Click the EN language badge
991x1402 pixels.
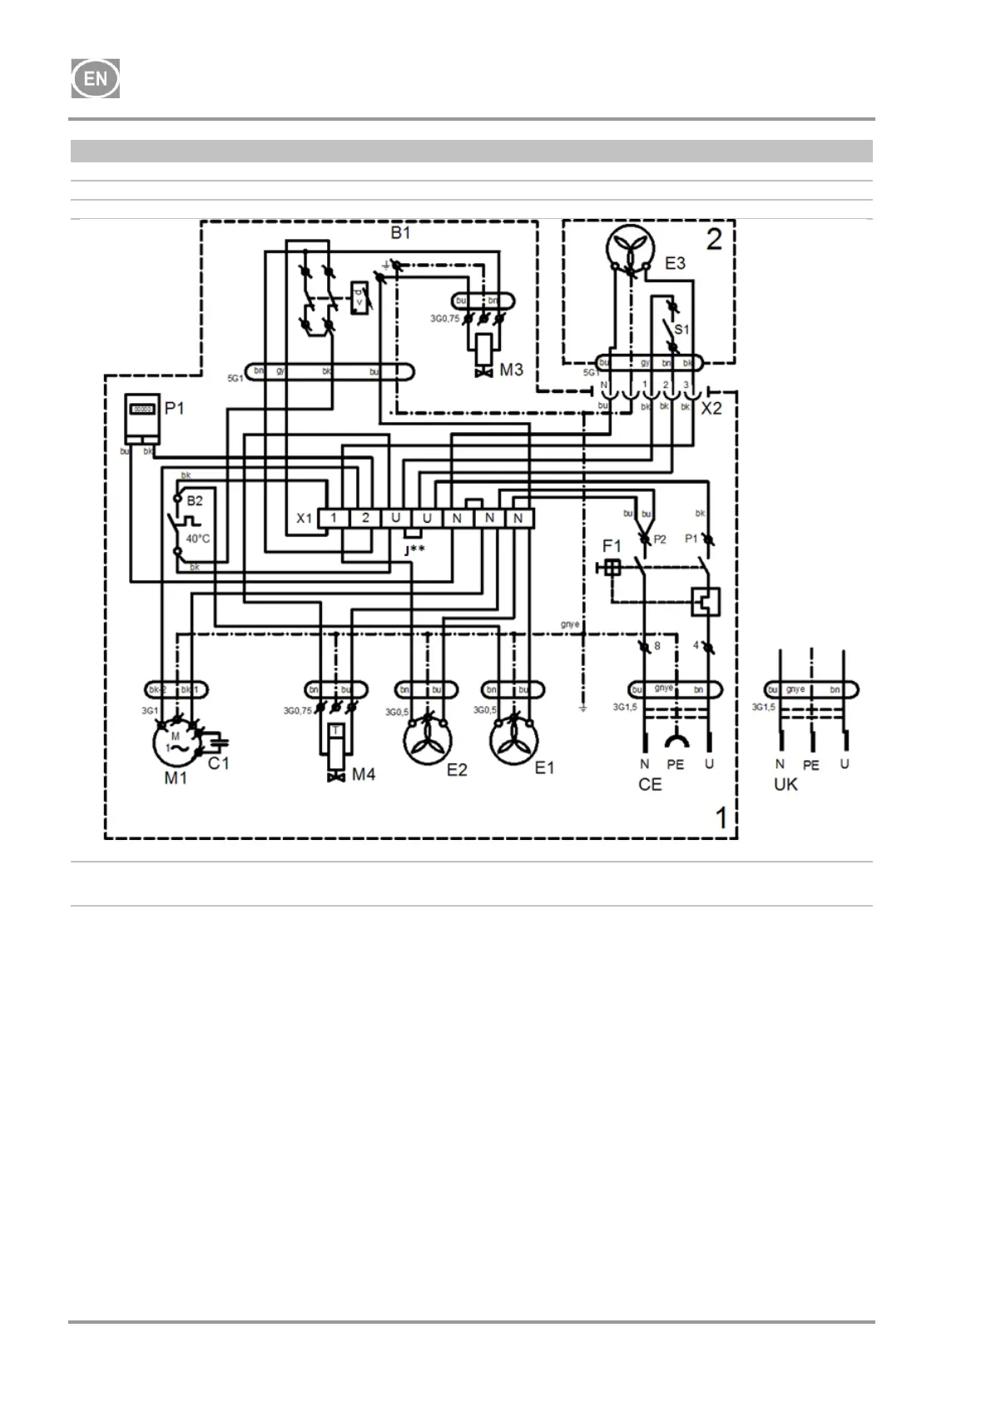(x=96, y=79)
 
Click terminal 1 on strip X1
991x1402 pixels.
(x=334, y=519)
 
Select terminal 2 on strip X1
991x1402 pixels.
(x=365, y=519)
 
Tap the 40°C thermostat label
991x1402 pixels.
(x=198, y=539)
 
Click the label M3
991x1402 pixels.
(x=511, y=369)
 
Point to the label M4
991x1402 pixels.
(x=364, y=774)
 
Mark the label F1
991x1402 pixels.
(x=612, y=546)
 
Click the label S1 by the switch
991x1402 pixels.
(x=681, y=330)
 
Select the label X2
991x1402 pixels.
(x=711, y=409)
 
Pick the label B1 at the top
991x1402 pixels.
(x=400, y=232)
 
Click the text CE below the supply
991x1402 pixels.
(x=650, y=784)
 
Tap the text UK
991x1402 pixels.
(x=785, y=784)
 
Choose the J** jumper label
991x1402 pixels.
(x=414, y=549)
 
